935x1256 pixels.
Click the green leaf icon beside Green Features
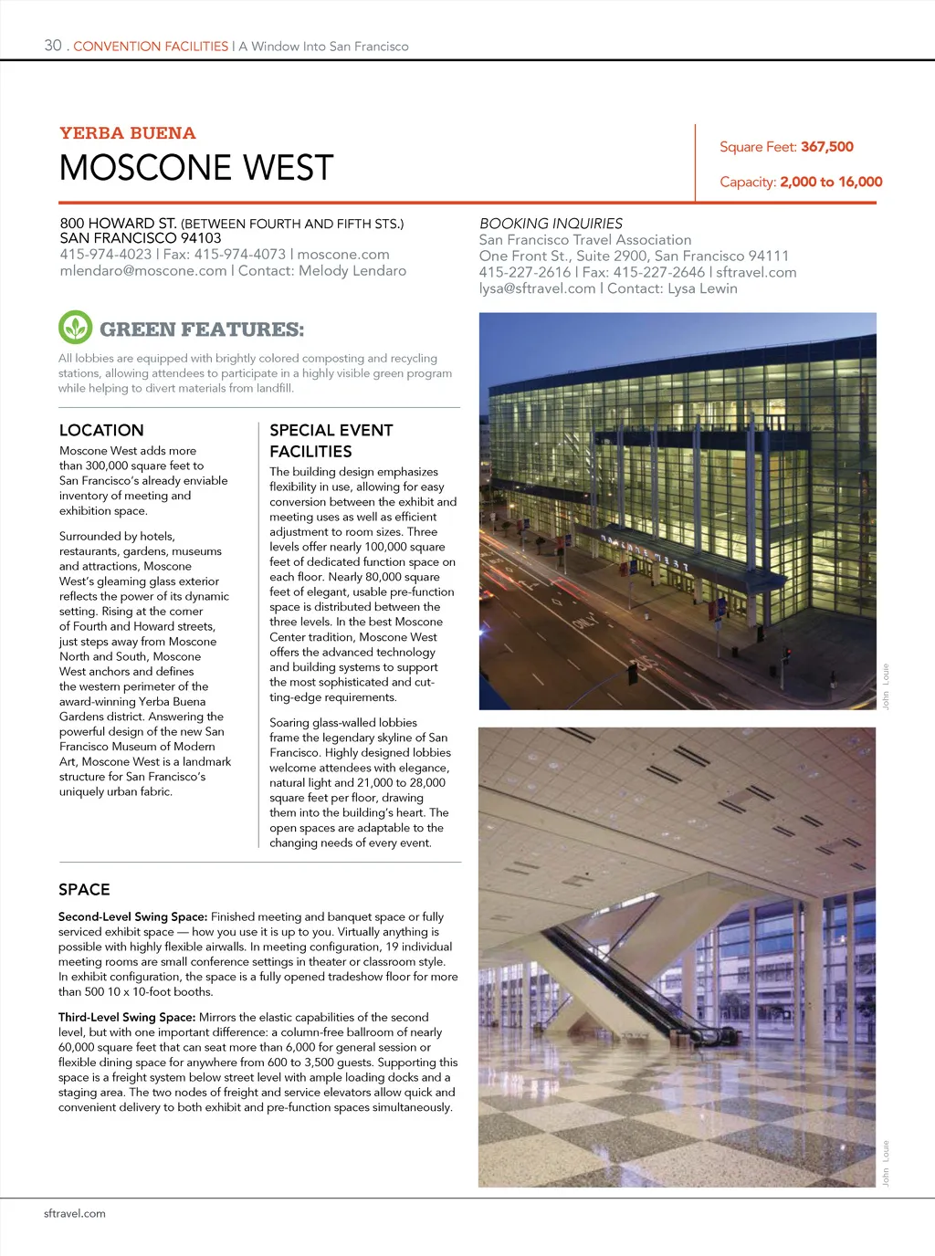(x=75, y=328)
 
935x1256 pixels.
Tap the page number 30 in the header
(x=53, y=46)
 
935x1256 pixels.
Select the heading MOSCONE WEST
(x=196, y=168)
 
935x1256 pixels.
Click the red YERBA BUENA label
(x=128, y=133)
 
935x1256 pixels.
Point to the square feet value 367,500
(x=827, y=147)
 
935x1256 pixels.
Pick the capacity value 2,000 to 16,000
(x=831, y=182)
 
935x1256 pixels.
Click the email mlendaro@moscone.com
(x=143, y=271)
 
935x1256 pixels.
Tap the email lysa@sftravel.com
(x=537, y=288)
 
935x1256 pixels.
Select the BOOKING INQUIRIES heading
(x=551, y=224)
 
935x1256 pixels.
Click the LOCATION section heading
(x=101, y=430)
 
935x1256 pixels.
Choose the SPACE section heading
(x=84, y=889)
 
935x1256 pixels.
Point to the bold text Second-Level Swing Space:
(x=132, y=916)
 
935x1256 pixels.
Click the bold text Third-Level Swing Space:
(x=127, y=1017)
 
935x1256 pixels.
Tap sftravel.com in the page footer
(x=75, y=1213)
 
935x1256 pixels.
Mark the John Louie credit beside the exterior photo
(x=885, y=686)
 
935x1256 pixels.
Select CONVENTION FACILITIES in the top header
(x=151, y=47)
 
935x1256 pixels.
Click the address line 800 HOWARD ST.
(x=119, y=224)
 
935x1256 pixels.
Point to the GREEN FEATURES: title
(x=202, y=330)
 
